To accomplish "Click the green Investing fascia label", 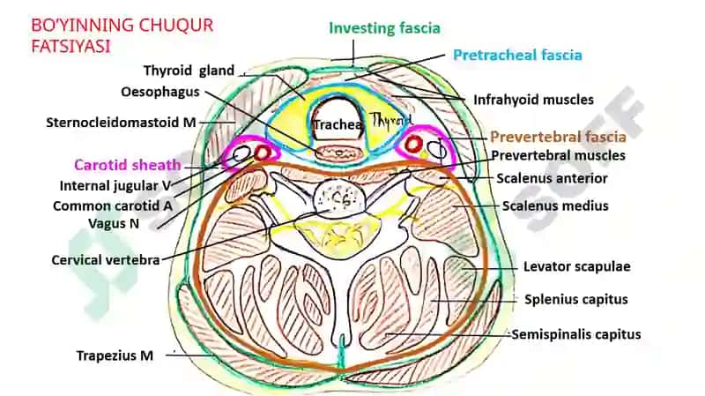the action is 384,28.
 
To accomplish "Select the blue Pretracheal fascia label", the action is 517,55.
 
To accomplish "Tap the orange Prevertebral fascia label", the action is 558,137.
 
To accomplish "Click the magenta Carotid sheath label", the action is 127,165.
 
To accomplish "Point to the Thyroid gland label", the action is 189,71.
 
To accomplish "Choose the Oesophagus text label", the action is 160,92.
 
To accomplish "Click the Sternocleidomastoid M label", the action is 121,123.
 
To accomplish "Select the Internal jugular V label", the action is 115,185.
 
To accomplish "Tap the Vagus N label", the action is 114,223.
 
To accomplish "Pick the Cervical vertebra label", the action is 106,260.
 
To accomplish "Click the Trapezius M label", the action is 115,355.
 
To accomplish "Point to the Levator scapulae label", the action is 577,266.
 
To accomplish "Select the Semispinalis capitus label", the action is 576,334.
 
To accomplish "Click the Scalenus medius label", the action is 555,205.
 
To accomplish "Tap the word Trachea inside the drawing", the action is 338,124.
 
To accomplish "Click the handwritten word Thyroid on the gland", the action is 390,119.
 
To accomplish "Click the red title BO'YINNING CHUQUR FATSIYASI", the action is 122,35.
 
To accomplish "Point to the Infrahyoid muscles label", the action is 534,100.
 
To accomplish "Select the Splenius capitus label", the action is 576,299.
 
